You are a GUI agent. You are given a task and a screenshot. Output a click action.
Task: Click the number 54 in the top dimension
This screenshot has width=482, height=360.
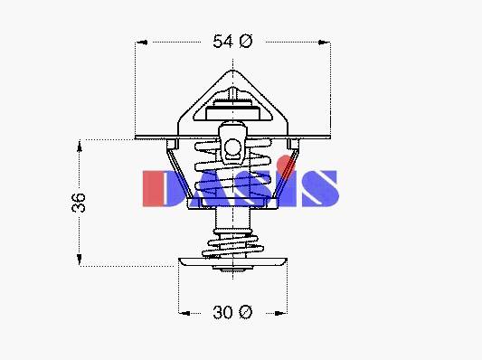222,42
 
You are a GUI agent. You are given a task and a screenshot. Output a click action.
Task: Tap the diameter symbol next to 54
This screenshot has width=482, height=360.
245,42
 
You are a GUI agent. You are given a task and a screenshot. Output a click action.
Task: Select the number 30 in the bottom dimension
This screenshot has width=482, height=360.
222,312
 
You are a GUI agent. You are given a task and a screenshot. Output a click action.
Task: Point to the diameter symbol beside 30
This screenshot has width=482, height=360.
245,312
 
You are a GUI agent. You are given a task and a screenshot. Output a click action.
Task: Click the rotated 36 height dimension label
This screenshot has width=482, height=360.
79,203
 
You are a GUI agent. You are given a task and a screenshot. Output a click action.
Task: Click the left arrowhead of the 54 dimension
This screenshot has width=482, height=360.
142,43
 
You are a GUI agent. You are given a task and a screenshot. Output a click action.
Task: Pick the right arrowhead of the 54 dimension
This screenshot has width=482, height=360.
324,43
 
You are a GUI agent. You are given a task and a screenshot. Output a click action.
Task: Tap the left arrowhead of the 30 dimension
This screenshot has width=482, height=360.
184,313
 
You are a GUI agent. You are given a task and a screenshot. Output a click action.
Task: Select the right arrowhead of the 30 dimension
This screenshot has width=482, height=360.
281,313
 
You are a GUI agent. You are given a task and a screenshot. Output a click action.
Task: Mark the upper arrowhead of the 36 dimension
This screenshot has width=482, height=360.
80,147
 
